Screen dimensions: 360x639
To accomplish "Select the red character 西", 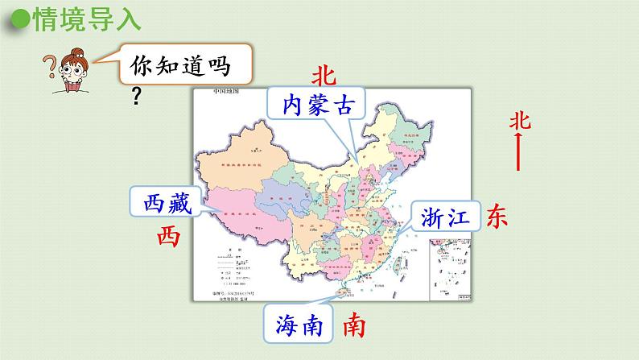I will click(167, 236).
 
